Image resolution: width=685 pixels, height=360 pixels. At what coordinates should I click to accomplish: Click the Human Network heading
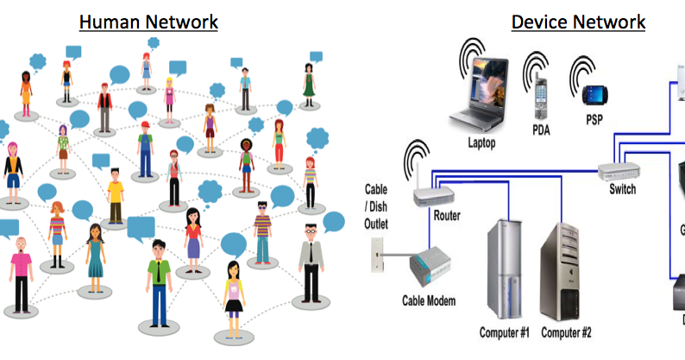tap(148, 21)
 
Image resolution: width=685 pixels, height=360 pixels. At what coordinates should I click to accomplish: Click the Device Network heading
tap(578, 21)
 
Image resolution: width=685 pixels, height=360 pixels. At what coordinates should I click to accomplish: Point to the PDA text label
tap(541, 131)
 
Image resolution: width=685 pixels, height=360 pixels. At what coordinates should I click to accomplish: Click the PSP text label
tap(594, 118)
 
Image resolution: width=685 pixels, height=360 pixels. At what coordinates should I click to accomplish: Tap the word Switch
tap(621, 189)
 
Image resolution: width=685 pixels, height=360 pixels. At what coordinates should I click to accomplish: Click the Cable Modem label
tap(428, 301)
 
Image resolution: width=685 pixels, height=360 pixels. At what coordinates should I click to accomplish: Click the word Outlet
tap(376, 224)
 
